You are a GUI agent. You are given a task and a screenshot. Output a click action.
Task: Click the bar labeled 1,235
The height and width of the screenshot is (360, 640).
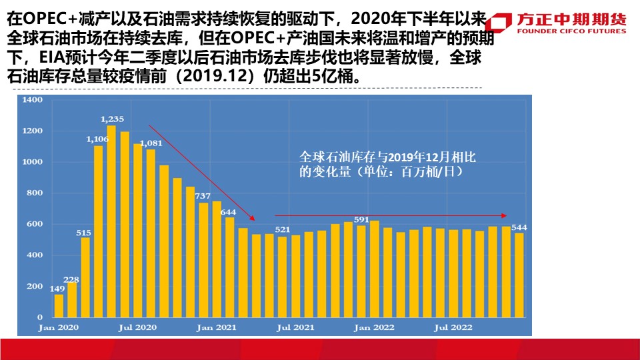[111, 221]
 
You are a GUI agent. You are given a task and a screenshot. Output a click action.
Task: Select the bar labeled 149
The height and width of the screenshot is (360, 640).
[59, 305]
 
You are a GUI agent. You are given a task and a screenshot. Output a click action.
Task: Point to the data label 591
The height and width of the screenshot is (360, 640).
[361, 219]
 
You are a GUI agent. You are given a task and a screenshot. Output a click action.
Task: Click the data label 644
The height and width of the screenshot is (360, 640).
[229, 212]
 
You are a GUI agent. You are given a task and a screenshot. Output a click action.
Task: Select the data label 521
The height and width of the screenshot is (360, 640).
[283, 230]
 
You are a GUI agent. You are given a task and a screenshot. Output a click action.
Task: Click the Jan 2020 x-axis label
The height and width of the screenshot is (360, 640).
[58, 327]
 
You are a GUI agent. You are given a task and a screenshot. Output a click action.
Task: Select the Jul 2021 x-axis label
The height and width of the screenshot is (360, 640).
[295, 327]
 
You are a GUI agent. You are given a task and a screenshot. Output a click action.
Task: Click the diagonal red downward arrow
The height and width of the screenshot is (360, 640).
[201, 172]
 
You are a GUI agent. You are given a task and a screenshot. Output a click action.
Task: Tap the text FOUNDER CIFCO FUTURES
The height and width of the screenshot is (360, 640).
[571, 31]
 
